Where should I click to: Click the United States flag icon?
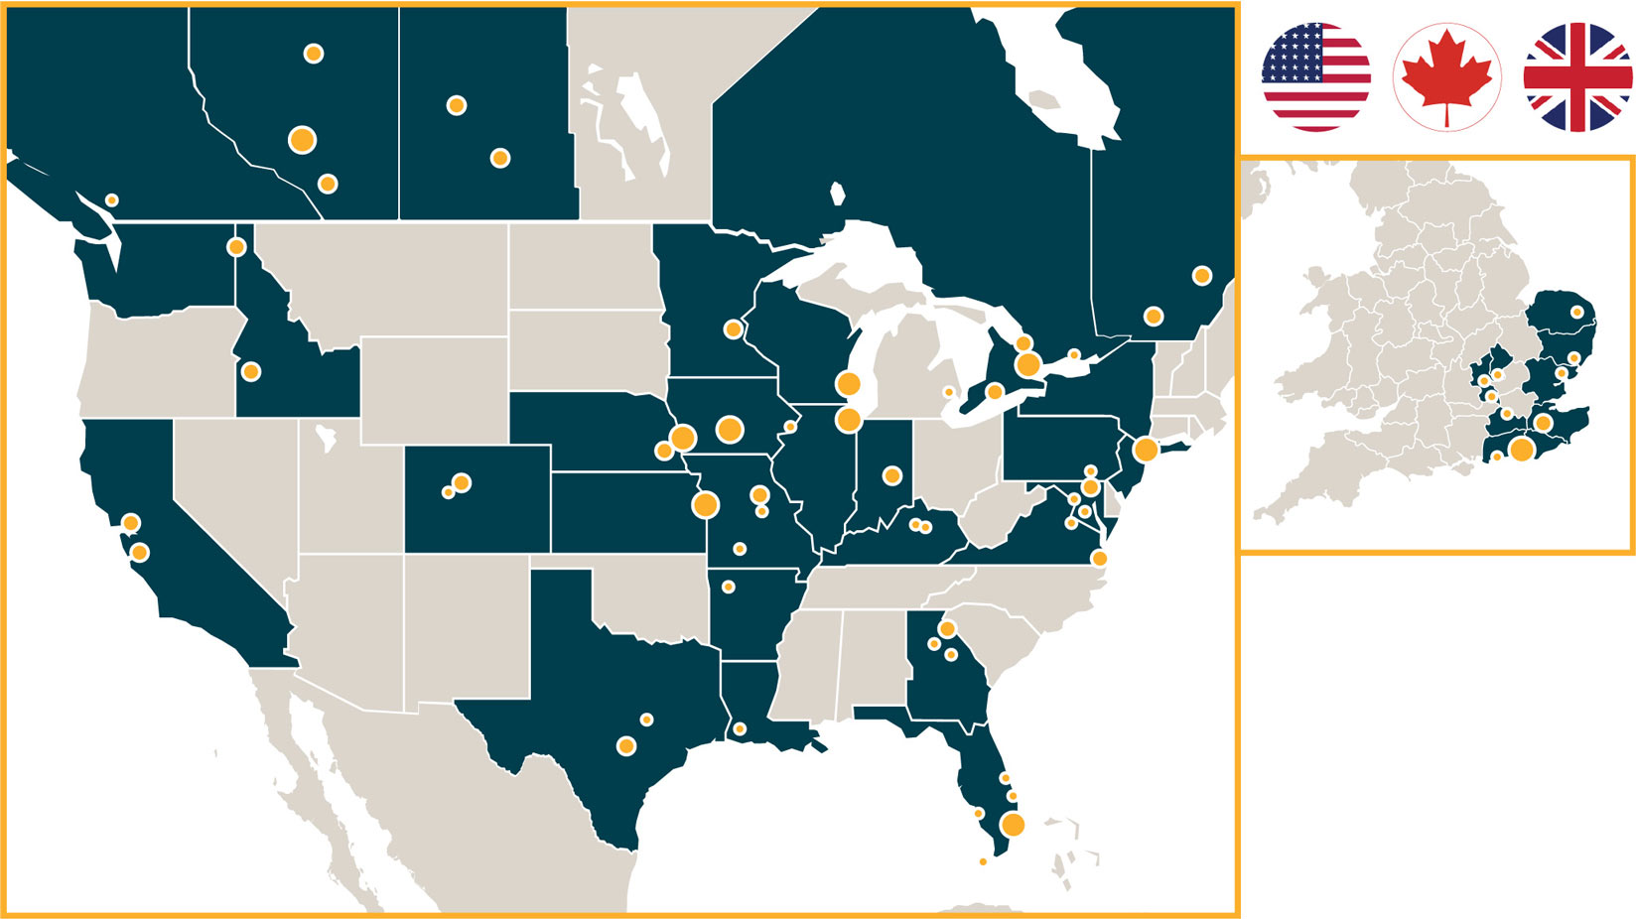[x=1315, y=76]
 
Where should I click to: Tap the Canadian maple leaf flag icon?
[x=1446, y=76]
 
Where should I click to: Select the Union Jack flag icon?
[x=1577, y=76]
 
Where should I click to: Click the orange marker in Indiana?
[x=891, y=475]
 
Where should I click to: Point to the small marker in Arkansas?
[x=728, y=587]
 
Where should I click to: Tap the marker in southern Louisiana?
[x=740, y=729]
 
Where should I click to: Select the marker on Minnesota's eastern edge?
[x=733, y=328]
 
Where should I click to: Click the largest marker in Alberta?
[x=302, y=140]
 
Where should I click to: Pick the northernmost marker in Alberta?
[x=313, y=54]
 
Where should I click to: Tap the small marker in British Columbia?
[x=112, y=200]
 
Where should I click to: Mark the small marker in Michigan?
[x=948, y=392]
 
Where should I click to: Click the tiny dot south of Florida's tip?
[x=983, y=861]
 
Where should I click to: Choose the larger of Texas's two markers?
[x=625, y=746]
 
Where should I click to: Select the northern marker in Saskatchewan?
[x=456, y=105]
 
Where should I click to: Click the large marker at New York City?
[x=1146, y=449]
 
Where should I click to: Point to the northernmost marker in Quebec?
[x=1201, y=275]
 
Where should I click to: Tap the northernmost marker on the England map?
[x=1576, y=312]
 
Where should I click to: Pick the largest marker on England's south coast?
[x=1521, y=450]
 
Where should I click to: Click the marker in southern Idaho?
[x=251, y=371]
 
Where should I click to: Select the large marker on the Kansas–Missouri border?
[x=705, y=504]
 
